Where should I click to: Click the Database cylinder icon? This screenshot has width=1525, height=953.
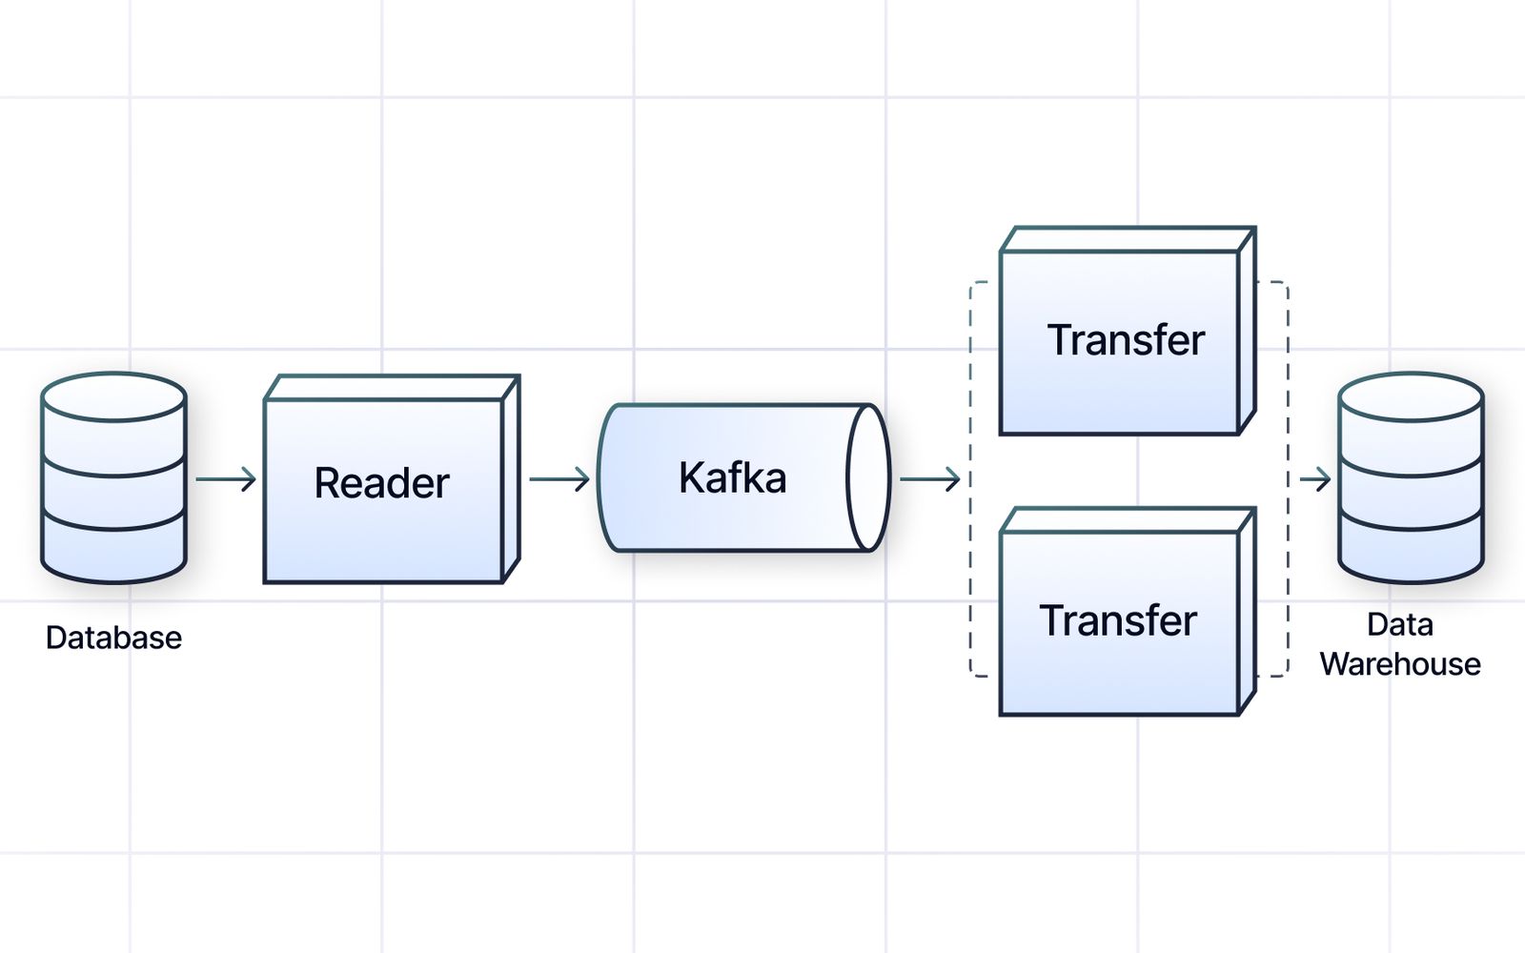113,476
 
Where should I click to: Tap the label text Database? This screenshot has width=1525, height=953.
113,638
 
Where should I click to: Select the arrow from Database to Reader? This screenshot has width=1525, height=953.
226,478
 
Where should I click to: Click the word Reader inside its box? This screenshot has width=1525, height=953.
381,483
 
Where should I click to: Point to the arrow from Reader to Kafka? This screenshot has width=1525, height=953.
559,478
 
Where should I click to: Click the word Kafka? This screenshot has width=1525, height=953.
732,478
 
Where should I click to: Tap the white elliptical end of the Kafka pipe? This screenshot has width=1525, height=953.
867,478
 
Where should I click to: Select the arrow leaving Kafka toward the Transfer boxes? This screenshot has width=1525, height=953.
929,478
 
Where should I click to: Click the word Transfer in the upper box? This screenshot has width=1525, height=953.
1126,340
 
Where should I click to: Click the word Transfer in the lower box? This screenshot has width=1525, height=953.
1118,621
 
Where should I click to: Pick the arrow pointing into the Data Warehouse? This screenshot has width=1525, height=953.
1315,478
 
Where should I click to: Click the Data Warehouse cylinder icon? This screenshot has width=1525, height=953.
1411,476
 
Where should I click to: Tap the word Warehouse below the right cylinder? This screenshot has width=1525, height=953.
1400,664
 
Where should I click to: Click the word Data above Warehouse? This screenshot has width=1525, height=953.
1400,624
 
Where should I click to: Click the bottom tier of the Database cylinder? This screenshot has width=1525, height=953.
113,553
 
